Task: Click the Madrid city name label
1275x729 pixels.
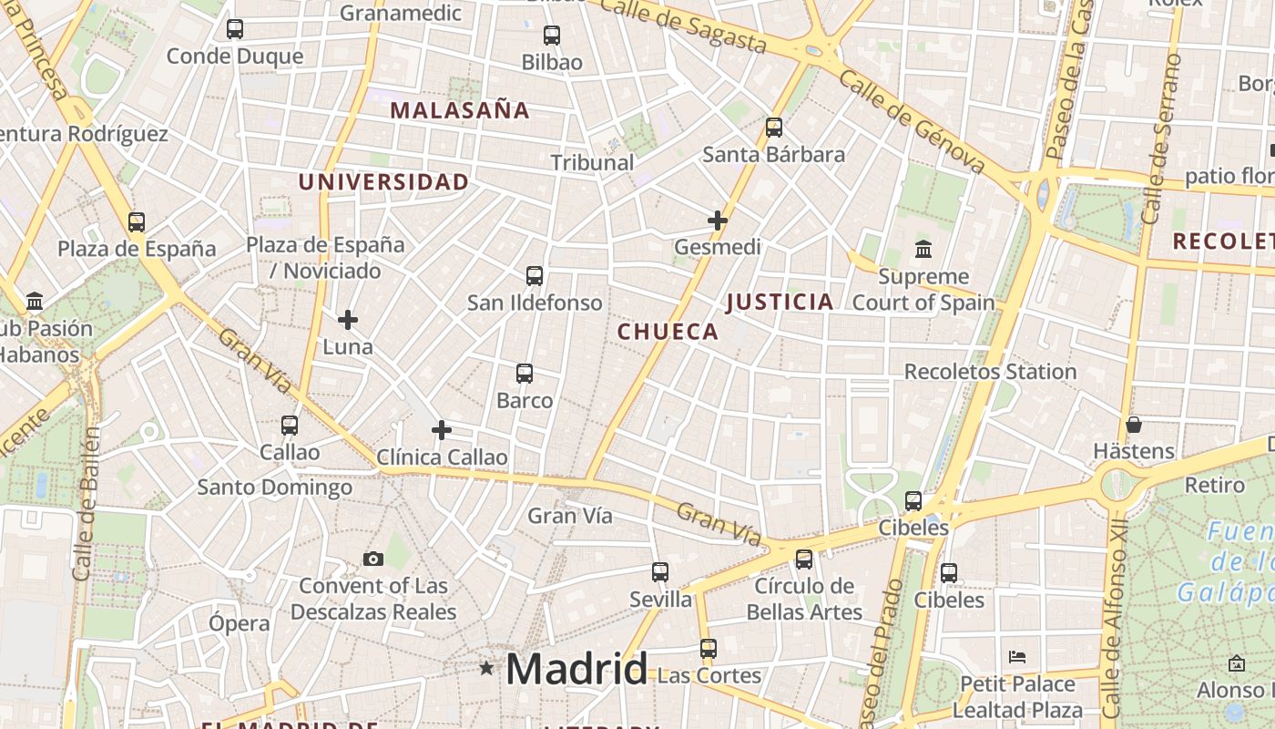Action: pos(576,669)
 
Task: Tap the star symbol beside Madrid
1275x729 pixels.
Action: pos(486,669)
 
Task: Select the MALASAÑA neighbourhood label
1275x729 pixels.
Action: pos(460,110)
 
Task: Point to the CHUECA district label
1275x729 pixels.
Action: pos(668,332)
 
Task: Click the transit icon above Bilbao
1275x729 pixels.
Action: pos(552,36)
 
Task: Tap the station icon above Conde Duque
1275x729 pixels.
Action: pos(235,29)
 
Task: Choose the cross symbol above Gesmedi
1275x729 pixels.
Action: pos(718,221)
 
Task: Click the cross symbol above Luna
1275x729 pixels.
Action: pos(348,320)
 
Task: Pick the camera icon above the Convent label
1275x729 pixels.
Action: pos(373,559)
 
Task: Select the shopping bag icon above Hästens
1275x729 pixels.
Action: pos(1134,425)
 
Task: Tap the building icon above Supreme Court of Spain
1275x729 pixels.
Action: pos(923,249)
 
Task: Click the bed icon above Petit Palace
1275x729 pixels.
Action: pos(1017,656)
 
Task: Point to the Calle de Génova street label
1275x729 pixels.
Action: pos(912,122)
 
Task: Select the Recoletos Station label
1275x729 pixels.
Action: pos(990,372)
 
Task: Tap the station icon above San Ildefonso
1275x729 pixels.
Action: pos(535,275)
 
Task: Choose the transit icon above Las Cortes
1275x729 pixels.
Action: pos(709,649)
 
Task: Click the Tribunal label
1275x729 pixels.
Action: pos(592,162)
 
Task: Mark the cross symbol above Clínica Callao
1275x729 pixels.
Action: pos(442,430)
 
